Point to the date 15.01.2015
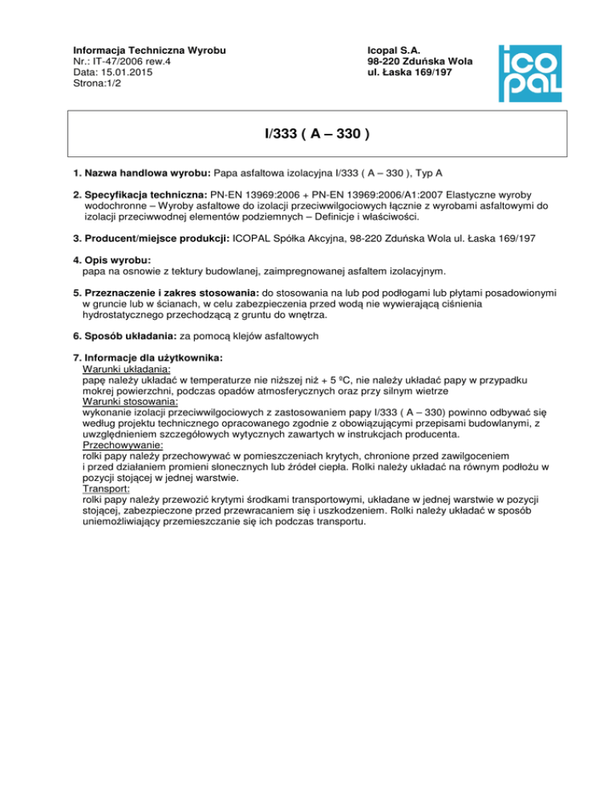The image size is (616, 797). pyautogui.click(x=122, y=71)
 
